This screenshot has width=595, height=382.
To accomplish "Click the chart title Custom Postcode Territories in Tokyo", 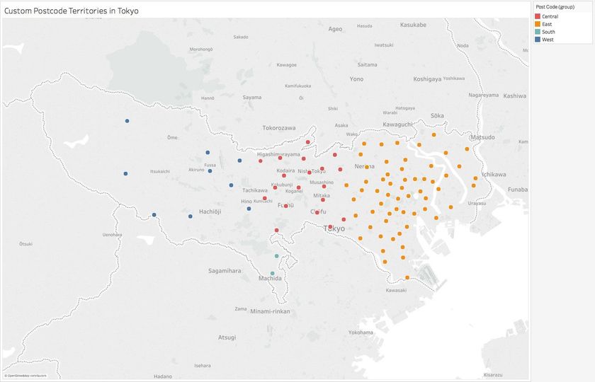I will coord(72,11).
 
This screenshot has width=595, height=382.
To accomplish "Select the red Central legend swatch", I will coord(538,16).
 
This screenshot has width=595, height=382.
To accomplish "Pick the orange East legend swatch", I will coord(538,23).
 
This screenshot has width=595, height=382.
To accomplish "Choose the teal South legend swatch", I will coord(538,31).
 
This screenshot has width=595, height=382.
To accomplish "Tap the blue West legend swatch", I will coord(538,39).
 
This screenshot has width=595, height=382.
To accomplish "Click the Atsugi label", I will coord(227,337).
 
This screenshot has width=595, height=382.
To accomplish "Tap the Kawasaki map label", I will coord(396,290).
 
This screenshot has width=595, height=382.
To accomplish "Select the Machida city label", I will coord(270,279).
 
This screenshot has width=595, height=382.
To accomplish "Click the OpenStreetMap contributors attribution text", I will coord(26,375).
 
